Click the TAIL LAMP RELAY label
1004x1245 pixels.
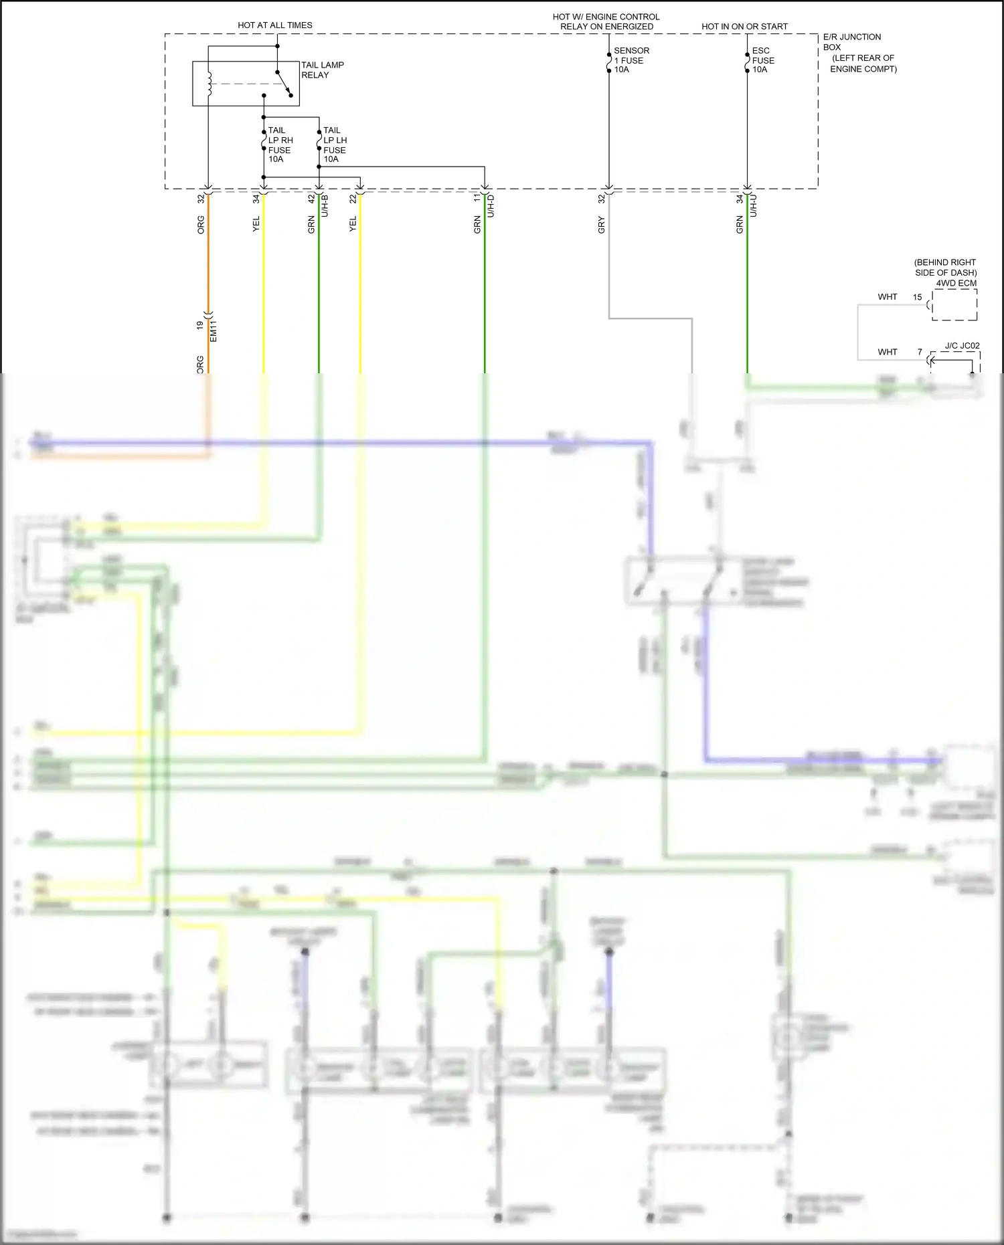click(x=322, y=70)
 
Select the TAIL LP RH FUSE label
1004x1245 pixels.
click(x=280, y=145)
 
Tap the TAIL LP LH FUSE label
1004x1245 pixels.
click(x=335, y=145)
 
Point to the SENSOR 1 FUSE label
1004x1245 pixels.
click(x=631, y=60)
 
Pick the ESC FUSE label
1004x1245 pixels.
click(x=762, y=60)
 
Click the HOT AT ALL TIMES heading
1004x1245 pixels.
click(x=274, y=25)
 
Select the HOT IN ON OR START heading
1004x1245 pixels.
click(x=744, y=27)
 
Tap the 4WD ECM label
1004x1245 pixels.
click(x=956, y=283)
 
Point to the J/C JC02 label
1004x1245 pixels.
click(x=962, y=346)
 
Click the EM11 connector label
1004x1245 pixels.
click(x=214, y=330)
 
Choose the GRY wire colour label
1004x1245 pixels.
click(x=601, y=225)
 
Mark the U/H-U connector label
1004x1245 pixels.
click(x=753, y=205)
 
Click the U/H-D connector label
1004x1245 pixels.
click(x=491, y=205)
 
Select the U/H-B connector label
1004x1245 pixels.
click(x=325, y=205)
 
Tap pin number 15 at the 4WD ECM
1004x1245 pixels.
click(x=917, y=297)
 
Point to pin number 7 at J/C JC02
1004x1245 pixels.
click(x=920, y=352)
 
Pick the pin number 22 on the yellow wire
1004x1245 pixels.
click(x=353, y=199)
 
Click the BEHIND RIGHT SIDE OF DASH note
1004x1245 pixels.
click(x=945, y=268)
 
